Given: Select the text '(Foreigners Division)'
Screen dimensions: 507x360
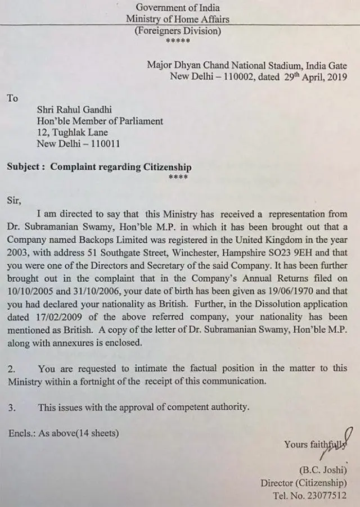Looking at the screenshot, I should pos(177,31).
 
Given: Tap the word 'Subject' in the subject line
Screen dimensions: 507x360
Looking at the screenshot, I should pos(25,167).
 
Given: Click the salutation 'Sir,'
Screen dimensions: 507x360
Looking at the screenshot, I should pos(15,199).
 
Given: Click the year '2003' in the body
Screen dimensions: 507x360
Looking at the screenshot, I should pos(20,250).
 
